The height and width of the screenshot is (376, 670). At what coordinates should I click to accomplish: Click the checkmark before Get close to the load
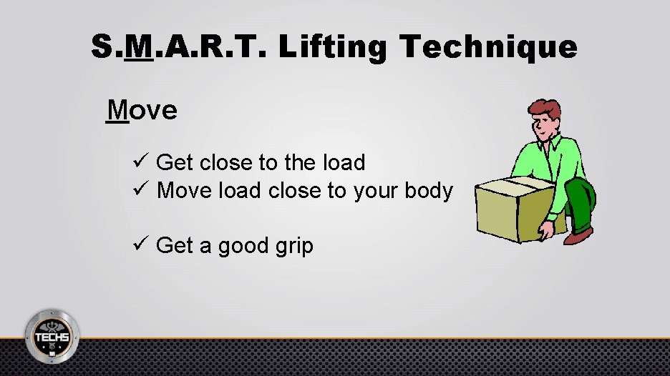point(140,162)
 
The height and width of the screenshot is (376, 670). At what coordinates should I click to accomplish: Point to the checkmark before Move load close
point(140,191)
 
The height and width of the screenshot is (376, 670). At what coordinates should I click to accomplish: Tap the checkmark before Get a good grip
point(140,245)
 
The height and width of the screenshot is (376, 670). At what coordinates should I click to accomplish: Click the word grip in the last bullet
point(294,247)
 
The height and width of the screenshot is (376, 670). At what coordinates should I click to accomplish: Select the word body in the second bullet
point(427,192)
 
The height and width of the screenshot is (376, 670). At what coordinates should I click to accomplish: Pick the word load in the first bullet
point(344,162)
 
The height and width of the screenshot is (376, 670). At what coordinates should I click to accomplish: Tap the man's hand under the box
point(546,231)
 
